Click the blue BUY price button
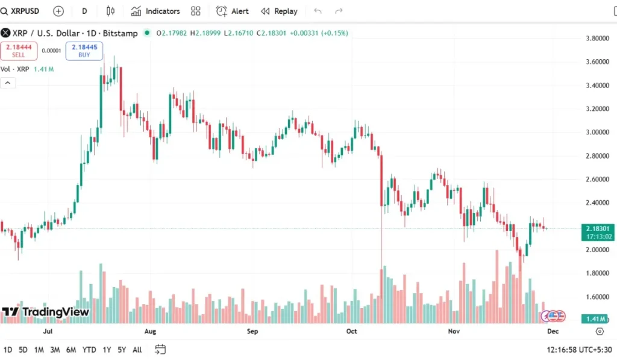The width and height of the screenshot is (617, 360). [x=84, y=51]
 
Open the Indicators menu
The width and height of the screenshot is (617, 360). [x=155, y=11]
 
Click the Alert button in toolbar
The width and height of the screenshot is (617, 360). [x=233, y=11]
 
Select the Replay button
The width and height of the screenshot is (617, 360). [x=279, y=11]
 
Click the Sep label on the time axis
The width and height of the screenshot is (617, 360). [x=252, y=331]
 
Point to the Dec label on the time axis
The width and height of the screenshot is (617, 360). [x=553, y=331]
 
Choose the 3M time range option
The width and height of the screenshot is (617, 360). [x=55, y=349]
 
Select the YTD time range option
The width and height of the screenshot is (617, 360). [x=89, y=349]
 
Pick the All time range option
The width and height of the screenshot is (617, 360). [x=137, y=349]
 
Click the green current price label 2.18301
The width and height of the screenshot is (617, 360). [x=597, y=229]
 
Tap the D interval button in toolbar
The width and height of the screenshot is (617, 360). [x=84, y=11]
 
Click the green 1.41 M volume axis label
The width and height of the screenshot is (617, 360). [x=597, y=318]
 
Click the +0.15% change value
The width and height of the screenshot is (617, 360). [x=334, y=33]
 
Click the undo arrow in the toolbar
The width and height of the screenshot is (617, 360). [x=318, y=11]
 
